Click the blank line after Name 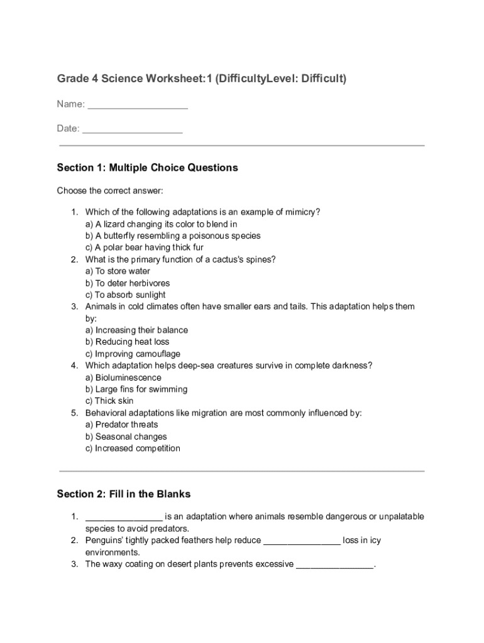click(x=138, y=105)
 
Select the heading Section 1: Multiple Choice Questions click(x=147, y=168)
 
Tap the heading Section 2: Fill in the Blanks click(x=123, y=494)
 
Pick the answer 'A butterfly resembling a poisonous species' click(x=173, y=235)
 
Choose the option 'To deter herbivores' click(x=128, y=283)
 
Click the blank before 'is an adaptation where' click(x=124, y=517)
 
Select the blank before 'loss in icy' click(x=302, y=541)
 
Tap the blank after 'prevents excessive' click(x=334, y=565)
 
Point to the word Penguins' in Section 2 click(x=104, y=540)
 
